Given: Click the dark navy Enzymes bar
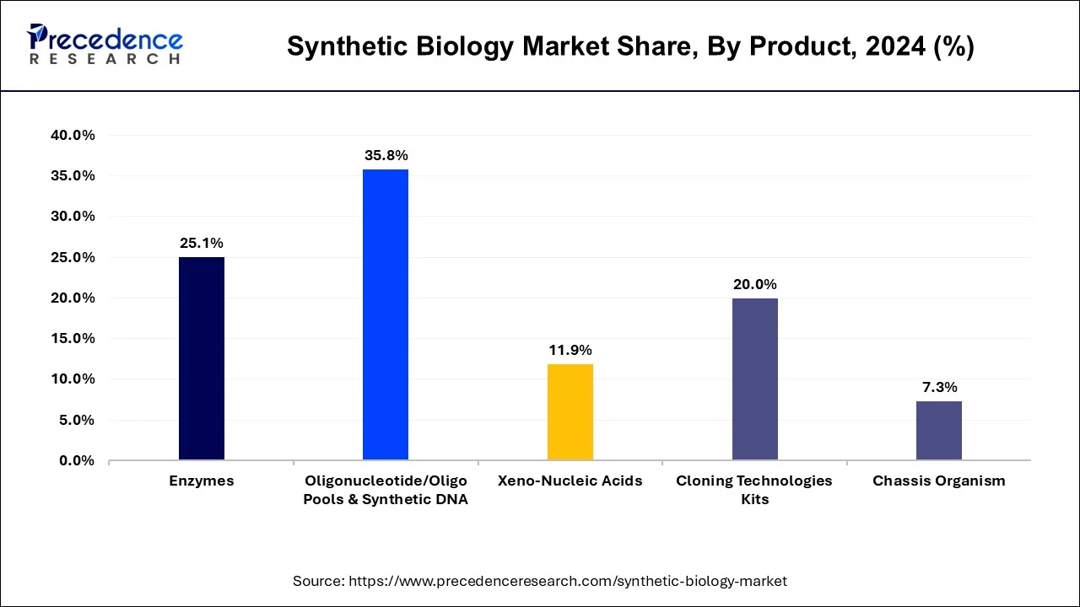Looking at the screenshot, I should [202, 358].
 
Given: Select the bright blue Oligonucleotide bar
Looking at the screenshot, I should [386, 314].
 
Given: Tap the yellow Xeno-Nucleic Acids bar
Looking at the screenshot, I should [570, 411].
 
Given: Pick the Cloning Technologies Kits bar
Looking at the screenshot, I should [755, 379].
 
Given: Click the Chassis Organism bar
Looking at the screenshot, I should [939, 430].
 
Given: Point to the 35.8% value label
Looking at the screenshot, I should [386, 155].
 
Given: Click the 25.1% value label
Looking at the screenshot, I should [202, 243].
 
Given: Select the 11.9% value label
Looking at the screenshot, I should [570, 350].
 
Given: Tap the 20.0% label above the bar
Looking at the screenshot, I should [755, 284].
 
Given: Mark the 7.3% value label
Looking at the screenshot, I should [939, 387].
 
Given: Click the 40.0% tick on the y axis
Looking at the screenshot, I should [73, 135].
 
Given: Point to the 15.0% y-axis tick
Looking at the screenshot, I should [73, 338].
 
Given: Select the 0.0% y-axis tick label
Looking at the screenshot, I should [77, 460].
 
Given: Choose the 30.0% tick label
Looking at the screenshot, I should [73, 216].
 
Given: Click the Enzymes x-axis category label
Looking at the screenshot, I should [202, 481].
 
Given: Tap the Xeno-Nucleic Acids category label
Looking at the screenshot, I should [570, 481].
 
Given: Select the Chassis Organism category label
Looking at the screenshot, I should [939, 481].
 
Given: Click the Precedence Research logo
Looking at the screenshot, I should [105, 44].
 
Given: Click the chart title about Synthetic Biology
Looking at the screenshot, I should [630, 46].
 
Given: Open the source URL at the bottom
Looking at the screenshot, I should [540, 581].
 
